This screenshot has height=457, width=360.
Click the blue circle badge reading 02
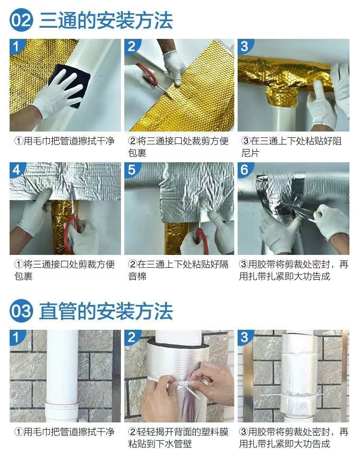[22, 21]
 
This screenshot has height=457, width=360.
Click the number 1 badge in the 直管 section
[16, 337]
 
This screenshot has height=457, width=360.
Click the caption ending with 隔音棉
[178, 270]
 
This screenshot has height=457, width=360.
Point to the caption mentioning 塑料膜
[178, 438]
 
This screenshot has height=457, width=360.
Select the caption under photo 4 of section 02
[63, 270]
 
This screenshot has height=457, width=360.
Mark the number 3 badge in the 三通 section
[245, 46]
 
